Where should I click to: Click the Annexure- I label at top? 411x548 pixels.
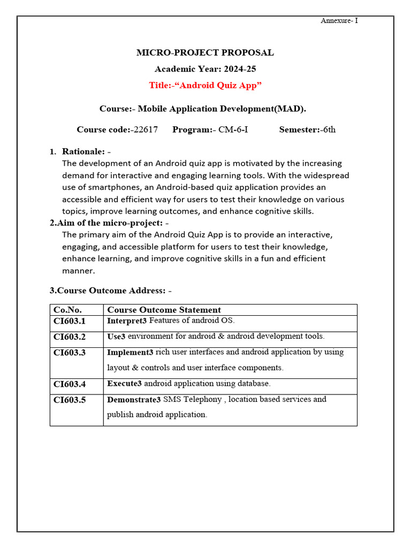339,21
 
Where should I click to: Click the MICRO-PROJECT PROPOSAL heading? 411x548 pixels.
205,52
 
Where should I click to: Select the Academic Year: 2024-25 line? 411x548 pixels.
205,69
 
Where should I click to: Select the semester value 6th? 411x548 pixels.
328,130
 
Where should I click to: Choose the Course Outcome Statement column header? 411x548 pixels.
164,310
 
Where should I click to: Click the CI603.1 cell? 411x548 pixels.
70,322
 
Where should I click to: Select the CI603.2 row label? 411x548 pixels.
70,337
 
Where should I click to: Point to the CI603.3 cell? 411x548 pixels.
70,353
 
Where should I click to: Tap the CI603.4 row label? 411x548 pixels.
70,384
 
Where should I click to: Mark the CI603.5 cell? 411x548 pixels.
70,400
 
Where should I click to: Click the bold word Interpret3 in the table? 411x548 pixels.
127,321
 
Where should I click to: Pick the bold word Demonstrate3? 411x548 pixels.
134,400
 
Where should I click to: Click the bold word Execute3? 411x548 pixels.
125,384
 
